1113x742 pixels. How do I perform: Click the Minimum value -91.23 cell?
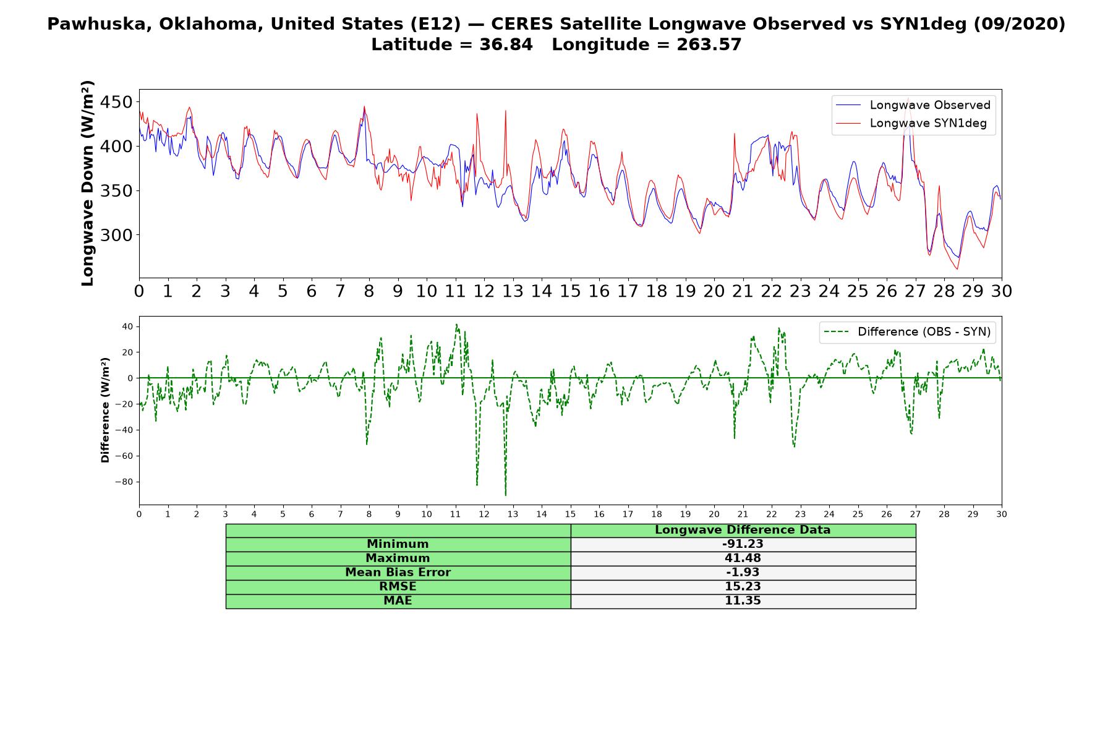(743, 544)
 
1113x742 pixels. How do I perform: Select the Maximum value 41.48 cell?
(743, 558)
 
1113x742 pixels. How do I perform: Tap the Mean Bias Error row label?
(398, 573)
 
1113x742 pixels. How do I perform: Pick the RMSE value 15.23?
(743, 587)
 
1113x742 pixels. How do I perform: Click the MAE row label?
(398, 601)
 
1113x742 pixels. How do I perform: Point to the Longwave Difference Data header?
(743, 530)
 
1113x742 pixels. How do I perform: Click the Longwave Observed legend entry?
(913, 105)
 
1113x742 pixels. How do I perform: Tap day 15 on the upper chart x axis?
(570, 291)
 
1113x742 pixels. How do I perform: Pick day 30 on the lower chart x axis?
(1002, 514)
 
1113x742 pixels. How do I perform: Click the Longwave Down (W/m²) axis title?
(87, 183)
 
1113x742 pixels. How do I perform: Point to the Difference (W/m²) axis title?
(105, 410)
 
